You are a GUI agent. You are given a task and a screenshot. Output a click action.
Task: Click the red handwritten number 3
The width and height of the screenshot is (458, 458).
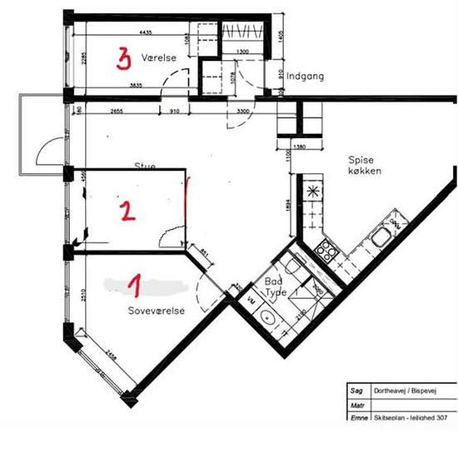124,59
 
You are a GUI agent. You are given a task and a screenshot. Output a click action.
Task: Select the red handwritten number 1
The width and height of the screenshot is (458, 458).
133,286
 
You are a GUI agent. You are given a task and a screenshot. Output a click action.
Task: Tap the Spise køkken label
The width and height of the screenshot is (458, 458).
365,164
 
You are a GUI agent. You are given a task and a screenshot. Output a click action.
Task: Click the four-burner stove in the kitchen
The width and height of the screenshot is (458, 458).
325,249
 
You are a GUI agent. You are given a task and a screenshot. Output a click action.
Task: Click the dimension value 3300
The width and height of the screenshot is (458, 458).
245,110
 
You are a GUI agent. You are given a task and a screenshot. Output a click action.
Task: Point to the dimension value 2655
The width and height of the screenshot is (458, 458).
116,110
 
